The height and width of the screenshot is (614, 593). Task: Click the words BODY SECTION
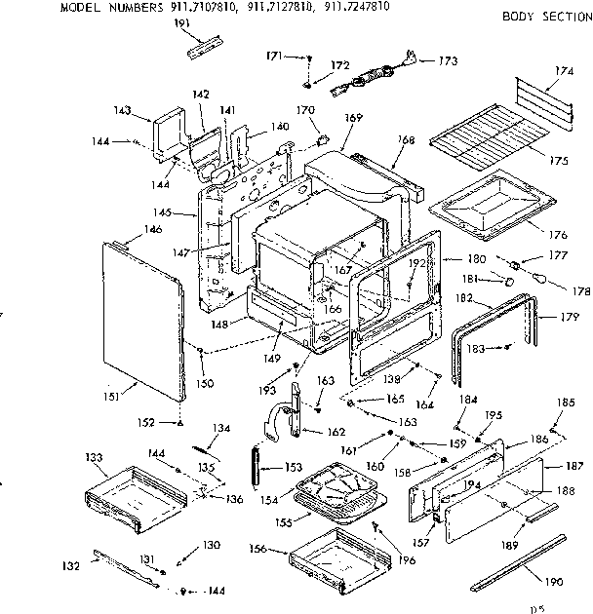pyautogui.click(x=545, y=17)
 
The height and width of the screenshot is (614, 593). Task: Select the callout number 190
pyautogui.click(x=554, y=582)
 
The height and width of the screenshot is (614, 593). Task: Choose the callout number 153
pyautogui.click(x=293, y=467)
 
